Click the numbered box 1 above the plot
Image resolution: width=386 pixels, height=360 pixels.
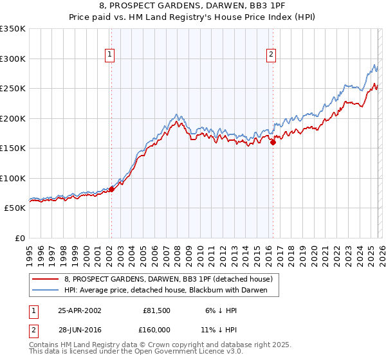coord(110,55)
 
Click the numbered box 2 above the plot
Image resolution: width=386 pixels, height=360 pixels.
coord(271,55)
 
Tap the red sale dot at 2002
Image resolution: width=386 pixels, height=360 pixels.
coord(111,189)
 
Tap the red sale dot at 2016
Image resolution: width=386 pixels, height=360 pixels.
coord(273,142)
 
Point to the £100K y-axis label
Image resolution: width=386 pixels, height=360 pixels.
coord(13,178)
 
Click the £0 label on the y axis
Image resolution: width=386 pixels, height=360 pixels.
coord(19,238)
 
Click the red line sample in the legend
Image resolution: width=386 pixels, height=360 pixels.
coord(46,279)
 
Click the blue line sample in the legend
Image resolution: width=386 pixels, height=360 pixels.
coord(46,290)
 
